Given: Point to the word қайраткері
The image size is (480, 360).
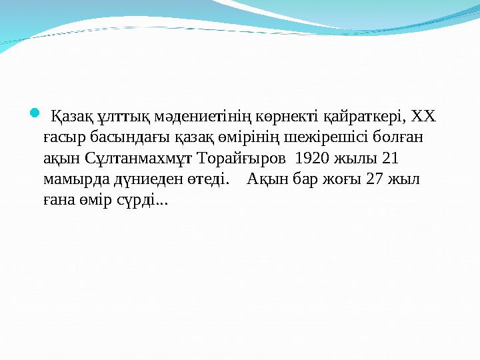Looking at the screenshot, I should [364, 118].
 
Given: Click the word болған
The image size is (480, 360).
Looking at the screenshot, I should [405, 138].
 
